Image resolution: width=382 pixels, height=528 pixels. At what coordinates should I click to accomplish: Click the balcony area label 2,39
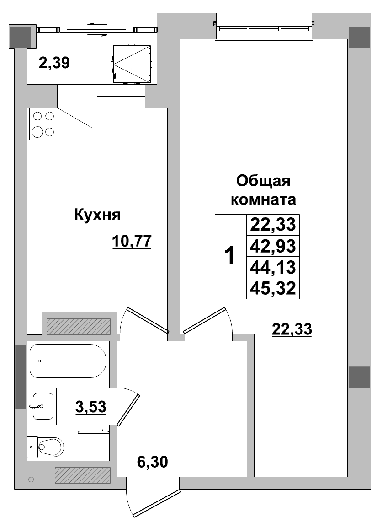54,64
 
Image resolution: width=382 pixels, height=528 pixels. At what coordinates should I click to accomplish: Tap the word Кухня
97,215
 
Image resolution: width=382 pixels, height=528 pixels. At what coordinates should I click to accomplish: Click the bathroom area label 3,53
90,406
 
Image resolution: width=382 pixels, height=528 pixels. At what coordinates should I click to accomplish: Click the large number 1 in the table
231,256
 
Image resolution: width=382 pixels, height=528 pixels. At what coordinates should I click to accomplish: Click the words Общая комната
263,190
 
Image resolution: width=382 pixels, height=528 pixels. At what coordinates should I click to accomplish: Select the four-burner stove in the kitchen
43,124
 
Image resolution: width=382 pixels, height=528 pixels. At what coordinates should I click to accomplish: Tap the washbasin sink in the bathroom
42,405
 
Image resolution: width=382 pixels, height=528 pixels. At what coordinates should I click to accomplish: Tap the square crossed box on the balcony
132,64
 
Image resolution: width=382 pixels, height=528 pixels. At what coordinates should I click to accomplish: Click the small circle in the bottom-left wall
31,480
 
